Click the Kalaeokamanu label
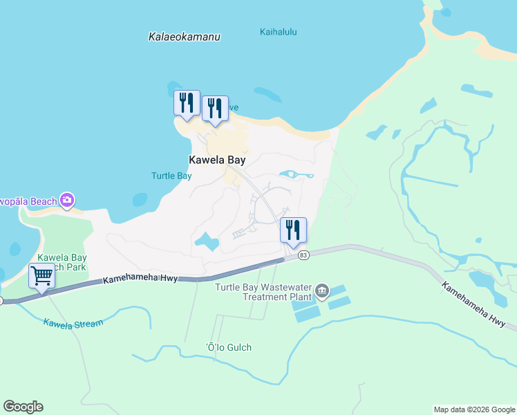[185, 37]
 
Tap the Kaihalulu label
[278, 32]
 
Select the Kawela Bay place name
[217, 160]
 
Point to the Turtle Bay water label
[171, 176]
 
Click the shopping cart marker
[41, 276]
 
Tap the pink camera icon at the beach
[67, 201]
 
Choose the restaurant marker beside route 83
[293, 230]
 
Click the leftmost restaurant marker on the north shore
[187, 104]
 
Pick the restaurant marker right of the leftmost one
[215, 109]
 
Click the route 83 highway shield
[303, 256]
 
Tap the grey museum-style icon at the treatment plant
[321, 290]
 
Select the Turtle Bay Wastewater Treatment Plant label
[265, 292]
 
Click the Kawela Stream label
[73, 323]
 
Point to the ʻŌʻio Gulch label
[229, 347]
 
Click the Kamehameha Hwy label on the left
[141, 279]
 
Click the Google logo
[23, 407]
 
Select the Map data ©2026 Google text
[473, 409]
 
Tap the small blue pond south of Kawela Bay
[207, 242]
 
